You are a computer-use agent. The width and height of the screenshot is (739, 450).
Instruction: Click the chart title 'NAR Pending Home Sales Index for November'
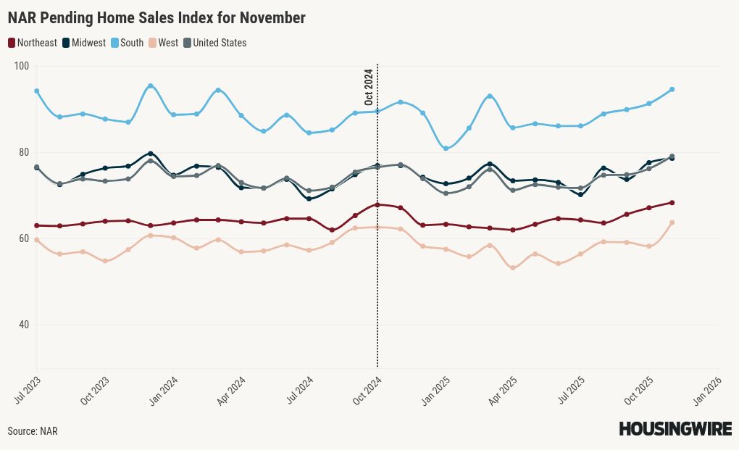[x=156, y=17]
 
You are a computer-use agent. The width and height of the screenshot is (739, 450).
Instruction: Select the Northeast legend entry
[x=33, y=43]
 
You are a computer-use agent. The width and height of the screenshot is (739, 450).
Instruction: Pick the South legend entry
[x=127, y=43]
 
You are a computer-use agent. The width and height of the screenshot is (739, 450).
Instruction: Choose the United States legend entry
[x=215, y=43]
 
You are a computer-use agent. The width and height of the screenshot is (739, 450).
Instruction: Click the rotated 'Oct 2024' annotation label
[x=369, y=87]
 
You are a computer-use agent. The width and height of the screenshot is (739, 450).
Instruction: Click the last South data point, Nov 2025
[x=672, y=89]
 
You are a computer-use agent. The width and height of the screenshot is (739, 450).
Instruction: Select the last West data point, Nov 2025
[x=672, y=222]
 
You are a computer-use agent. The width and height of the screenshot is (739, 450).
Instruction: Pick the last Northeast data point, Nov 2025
[x=672, y=203]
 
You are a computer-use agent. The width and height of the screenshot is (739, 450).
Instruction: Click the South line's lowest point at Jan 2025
[x=446, y=149]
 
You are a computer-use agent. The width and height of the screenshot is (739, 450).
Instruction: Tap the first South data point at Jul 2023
[x=36, y=91]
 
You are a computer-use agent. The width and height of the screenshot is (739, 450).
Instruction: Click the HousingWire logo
[x=675, y=429]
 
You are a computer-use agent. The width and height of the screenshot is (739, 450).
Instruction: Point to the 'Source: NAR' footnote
[x=33, y=431]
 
